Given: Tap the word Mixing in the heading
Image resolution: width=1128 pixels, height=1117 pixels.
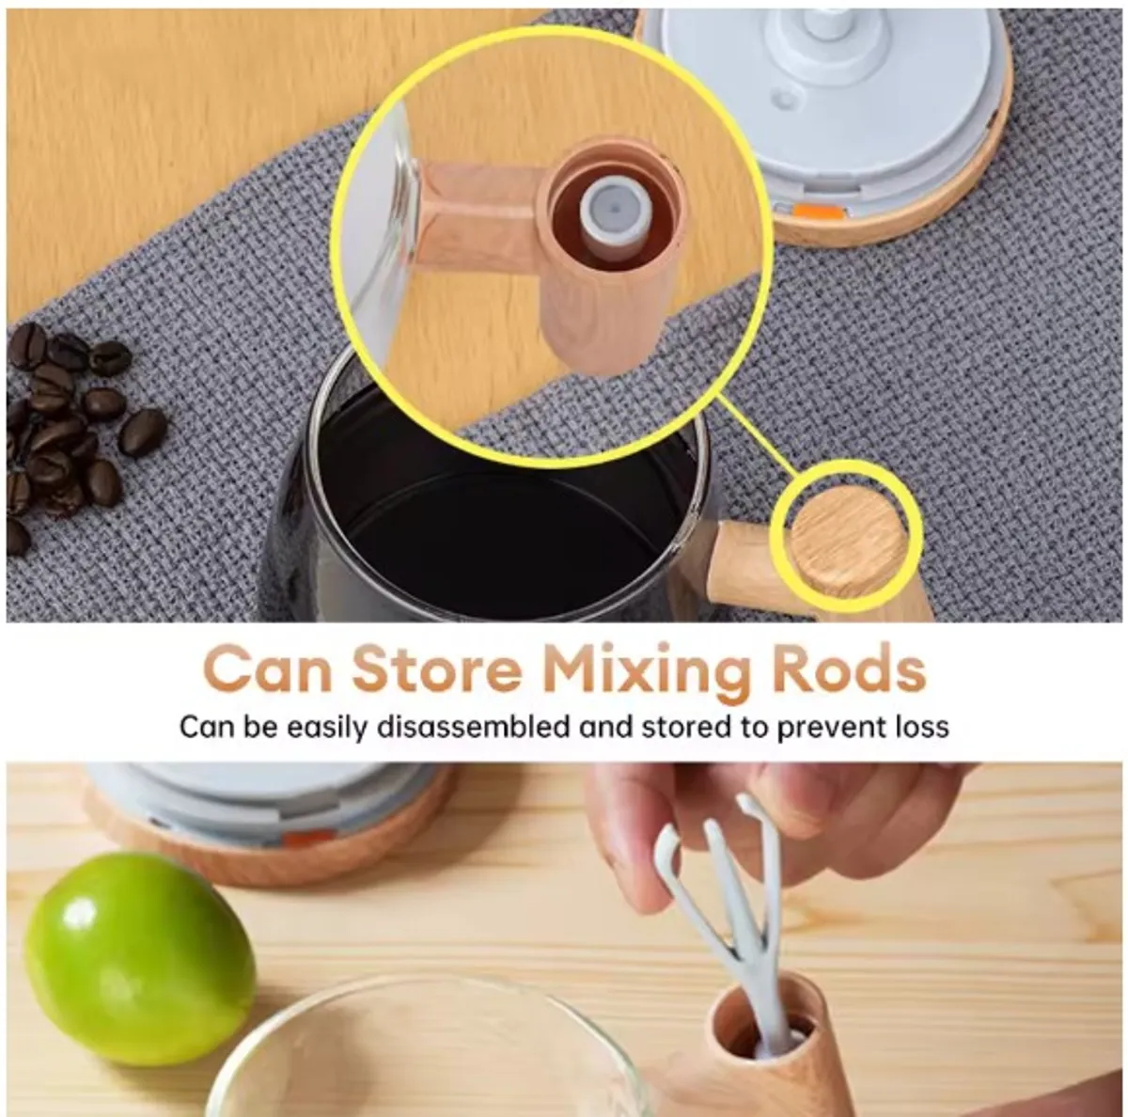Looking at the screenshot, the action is tap(647, 675).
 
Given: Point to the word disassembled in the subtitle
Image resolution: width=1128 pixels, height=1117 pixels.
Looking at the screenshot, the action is tap(473, 727).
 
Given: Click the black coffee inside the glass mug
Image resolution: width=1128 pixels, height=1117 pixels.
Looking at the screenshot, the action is tap(504, 521).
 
